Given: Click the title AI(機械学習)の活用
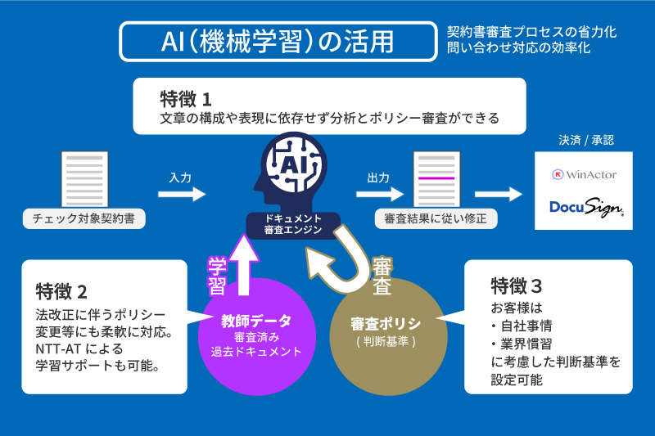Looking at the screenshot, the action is pyautogui.click(x=278, y=41).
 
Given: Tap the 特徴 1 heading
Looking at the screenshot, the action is pyautogui.click(x=186, y=99).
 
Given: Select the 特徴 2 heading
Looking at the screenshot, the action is pyautogui.click(x=61, y=291).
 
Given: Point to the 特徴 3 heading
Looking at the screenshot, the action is pyautogui.click(x=517, y=285).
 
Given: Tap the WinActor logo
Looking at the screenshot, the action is pyautogui.click(x=584, y=174).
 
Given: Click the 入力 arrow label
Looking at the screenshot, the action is pyautogui.click(x=180, y=178).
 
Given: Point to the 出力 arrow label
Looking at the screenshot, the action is pyautogui.click(x=378, y=178).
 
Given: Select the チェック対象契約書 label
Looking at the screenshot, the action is pyautogui.click(x=84, y=218).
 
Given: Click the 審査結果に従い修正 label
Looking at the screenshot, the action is pyautogui.click(x=436, y=218).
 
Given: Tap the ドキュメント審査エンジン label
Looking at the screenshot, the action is pyautogui.click(x=293, y=224).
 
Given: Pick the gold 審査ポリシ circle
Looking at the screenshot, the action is pyautogui.click(x=388, y=337).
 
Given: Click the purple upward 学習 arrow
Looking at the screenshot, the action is pyautogui.click(x=243, y=265).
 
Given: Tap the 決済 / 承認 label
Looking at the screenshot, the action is pyautogui.click(x=586, y=140).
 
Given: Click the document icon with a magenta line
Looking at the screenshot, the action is pyautogui.click(x=436, y=179).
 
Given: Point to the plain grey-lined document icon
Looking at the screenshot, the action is pyautogui.click(x=84, y=179).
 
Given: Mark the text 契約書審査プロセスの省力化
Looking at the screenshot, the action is pyautogui.click(x=531, y=32).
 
